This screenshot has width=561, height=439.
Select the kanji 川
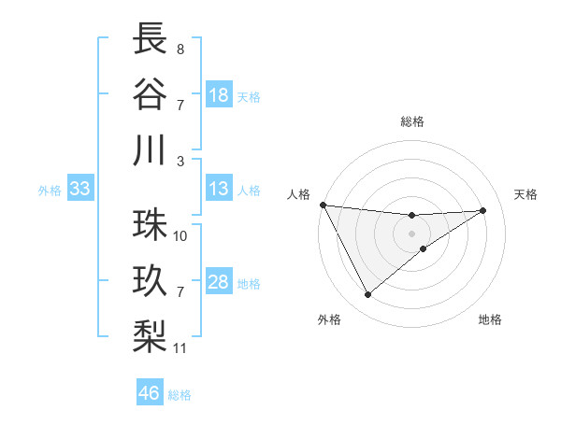[x=151, y=150]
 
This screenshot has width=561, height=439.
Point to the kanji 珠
[x=151, y=225]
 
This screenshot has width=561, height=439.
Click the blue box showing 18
[x=219, y=95]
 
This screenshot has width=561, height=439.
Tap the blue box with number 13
[x=219, y=190]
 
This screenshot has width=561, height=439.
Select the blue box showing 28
[x=219, y=283]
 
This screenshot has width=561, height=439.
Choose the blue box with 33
[x=79, y=190]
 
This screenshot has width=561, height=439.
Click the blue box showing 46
[x=149, y=393]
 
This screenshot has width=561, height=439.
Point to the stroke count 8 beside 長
[x=180, y=48]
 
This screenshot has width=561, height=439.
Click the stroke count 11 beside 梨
[x=180, y=348]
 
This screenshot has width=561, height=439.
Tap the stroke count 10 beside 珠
[x=180, y=235]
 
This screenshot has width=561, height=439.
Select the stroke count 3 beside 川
[x=180, y=161]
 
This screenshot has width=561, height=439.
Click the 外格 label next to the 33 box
[x=50, y=191]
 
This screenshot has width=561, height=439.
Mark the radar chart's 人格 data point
[x=323, y=205]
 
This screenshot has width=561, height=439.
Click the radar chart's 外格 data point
[x=367, y=295]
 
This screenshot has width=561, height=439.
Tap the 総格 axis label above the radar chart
[x=412, y=121]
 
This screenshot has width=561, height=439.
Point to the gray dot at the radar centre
[x=412, y=233]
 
